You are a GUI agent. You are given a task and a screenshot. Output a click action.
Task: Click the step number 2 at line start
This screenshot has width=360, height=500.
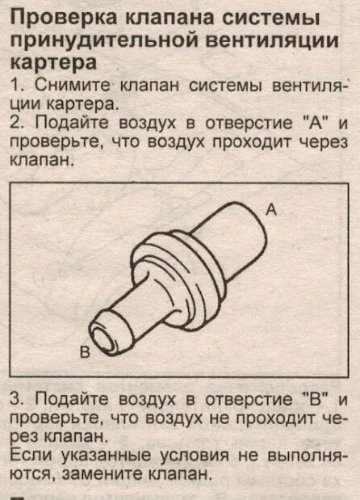click(x=16, y=124)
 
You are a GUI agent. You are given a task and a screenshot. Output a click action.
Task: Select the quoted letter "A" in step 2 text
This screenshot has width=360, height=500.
click(x=313, y=124)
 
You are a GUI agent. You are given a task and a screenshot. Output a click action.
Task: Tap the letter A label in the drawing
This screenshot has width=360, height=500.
click(x=271, y=210)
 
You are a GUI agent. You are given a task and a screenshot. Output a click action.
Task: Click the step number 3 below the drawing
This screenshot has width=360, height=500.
click(x=16, y=400)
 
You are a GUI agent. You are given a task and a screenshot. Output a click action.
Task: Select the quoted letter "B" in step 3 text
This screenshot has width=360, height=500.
click(x=312, y=400)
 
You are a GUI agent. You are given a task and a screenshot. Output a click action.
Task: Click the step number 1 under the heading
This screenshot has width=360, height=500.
click(x=16, y=85)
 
